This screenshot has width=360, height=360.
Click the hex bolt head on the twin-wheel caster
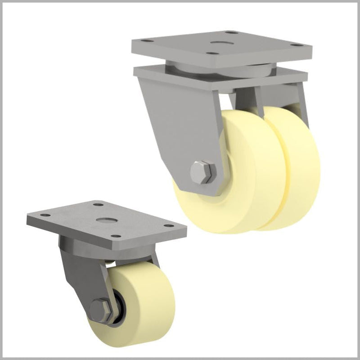[x=201, y=171]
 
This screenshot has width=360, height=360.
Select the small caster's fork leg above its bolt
[x=83, y=274]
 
